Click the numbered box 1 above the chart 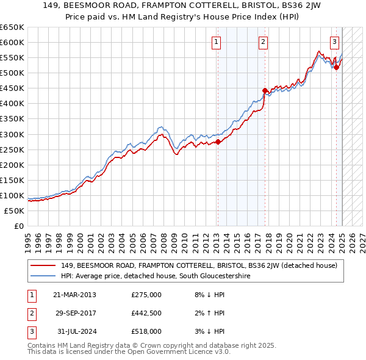(x=217, y=42)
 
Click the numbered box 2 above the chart (x=263, y=42)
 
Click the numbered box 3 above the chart (x=335, y=42)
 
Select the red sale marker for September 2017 (x=265, y=90)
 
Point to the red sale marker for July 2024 (x=336, y=67)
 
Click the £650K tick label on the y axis (x=12, y=27)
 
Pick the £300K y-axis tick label (x=12, y=134)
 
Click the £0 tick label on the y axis (x=19, y=226)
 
